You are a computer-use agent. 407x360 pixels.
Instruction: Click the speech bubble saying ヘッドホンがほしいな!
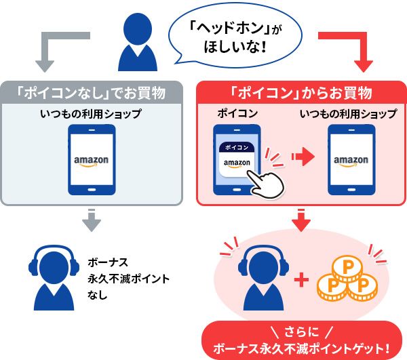click(x=234, y=39)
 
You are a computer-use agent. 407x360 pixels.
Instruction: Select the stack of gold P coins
click(x=347, y=279)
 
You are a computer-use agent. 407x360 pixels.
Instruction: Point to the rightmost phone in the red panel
click(x=351, y=160)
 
